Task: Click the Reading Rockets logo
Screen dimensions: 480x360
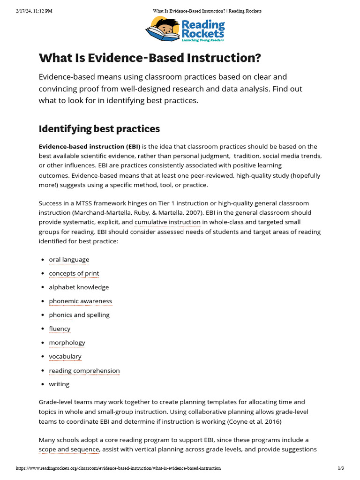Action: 185,29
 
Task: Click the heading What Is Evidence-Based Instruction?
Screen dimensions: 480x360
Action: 150,58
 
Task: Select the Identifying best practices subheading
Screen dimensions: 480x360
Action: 99,128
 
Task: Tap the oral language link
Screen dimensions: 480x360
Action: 69,260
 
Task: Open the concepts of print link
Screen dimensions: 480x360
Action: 74,273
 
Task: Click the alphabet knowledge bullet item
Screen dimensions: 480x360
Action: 79,287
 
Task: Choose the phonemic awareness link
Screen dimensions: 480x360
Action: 80,301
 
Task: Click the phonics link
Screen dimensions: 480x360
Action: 60,315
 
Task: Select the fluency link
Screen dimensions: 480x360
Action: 60,329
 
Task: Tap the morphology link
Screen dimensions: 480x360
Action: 67,343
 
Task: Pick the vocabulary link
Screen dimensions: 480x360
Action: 65,357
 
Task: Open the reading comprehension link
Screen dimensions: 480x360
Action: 84,371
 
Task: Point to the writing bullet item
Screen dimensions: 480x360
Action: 59,384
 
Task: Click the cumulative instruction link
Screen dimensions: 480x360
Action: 167,222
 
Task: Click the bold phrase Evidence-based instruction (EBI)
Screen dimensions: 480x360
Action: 89,147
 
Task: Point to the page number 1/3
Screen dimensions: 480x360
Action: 341,468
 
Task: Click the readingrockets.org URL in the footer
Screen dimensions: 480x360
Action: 118,468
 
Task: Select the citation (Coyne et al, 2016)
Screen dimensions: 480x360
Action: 254,421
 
